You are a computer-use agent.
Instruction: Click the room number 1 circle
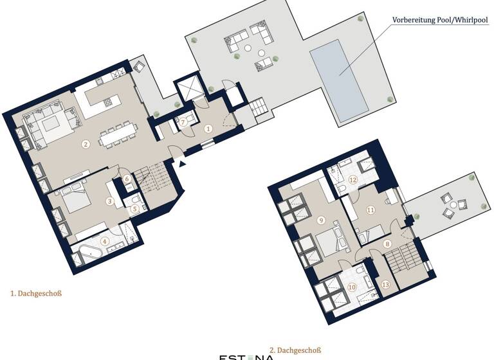pyautogui.click(x=208, y=129)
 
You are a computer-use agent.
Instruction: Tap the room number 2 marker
pyautogui.click(x=85, y=145)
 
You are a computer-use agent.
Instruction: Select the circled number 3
pyautogui.click(x=111, y=202)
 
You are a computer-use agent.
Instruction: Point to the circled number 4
pyautogui.click(x=104, y=242)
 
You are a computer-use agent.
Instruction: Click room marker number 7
pyautogui.click(x=183, y=121)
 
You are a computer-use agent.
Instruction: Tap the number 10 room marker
pyautogui.click(x=352, y=287)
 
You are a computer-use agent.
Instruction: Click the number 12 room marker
pyautogui.click(x=352, y=180)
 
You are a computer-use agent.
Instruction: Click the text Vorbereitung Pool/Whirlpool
pyautogui.click(x=441, y=20)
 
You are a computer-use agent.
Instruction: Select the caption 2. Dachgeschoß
pyautogui.click(x=295, y=350)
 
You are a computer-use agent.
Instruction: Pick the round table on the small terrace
pyautogui.click(x=453, y=205)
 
